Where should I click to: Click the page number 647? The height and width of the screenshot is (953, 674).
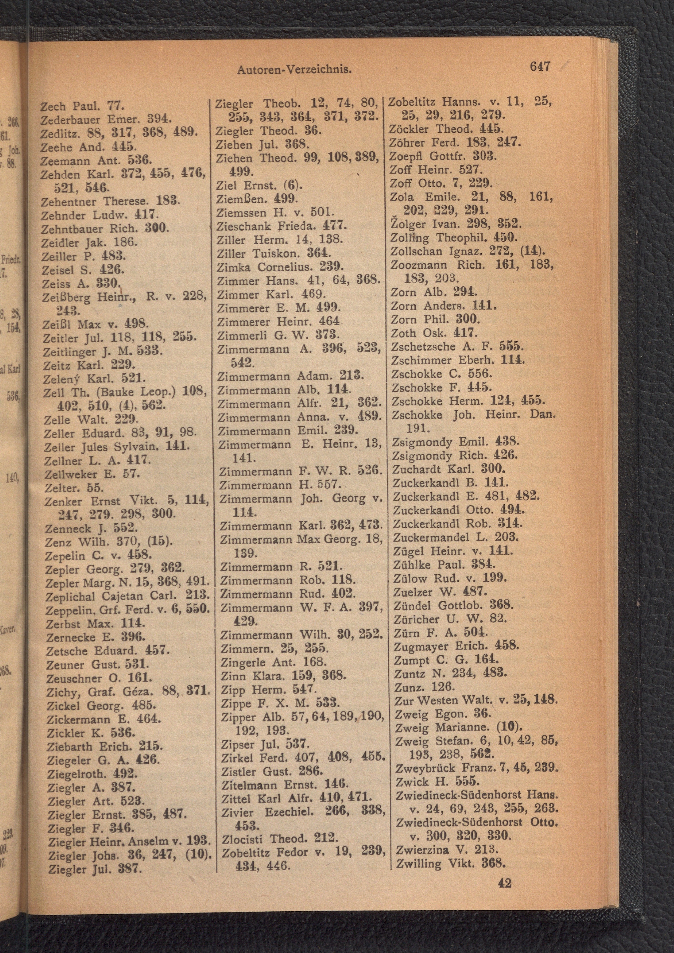pyautogui.click(x=540, y=66)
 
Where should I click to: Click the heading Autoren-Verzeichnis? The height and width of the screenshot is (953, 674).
pyautogui.click(x=294, y=70)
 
